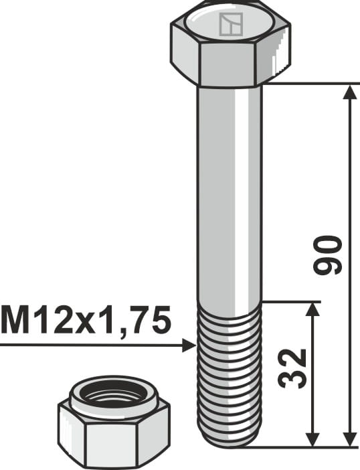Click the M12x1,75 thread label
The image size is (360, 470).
pos(86,321)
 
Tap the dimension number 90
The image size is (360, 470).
pos(327,255)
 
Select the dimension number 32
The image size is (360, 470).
pos(292,368)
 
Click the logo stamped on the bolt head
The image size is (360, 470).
pos(231,24)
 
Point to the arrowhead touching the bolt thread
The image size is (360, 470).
pos(189,345)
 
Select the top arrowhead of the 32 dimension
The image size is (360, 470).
pos(313,309)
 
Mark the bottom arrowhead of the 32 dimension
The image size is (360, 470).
pos(313,439)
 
